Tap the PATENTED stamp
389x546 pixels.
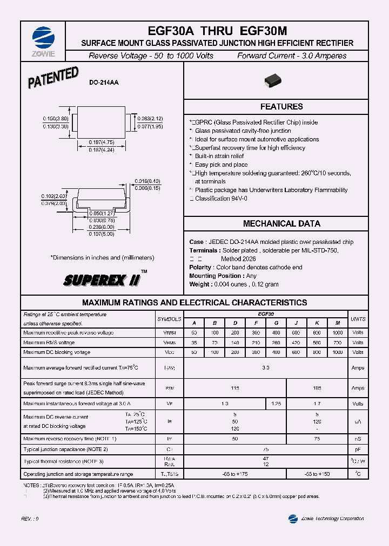coord(53,78)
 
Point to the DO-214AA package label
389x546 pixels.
coord(104,83)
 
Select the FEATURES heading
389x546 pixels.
coord(281,107)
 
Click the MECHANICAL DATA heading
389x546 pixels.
coord(281,223)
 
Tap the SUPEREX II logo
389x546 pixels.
coord(103,280)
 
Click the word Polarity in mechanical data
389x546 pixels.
coord(200,268)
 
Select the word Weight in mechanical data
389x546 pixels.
coord(200,284)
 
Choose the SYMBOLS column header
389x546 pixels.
coord(169,319)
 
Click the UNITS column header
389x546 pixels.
coord(358,319)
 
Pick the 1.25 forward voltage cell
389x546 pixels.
coord(276,404)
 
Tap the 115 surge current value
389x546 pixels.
coord(235,388)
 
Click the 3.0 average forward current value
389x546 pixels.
coord(265,367)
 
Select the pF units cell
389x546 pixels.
coord(358,449)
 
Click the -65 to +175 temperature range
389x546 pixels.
coord(235,474)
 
